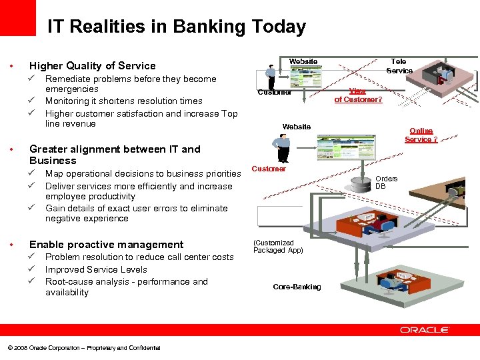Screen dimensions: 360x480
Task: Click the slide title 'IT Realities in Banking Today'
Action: [176, 27]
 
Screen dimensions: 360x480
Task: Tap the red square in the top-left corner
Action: [17, 17]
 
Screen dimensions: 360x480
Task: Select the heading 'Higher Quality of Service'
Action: [92, 65]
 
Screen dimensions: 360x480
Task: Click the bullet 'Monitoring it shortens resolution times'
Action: [123, 101]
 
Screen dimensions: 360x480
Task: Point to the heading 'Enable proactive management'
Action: [106, 245]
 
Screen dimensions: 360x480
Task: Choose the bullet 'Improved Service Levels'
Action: [96, 269]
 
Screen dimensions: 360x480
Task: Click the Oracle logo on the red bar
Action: [425, 330]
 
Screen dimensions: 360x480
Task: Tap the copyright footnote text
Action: [83, 348]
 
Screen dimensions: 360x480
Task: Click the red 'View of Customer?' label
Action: [358, 95]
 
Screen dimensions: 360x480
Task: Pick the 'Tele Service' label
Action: [399, 66]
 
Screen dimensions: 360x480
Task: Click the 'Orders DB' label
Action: [386, 183]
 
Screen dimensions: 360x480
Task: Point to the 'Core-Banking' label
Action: [297, 287]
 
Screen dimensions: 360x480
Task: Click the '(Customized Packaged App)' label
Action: [278, 247]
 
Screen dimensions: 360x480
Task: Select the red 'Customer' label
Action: [269, 169]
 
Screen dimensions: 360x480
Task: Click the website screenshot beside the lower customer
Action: [337, 148]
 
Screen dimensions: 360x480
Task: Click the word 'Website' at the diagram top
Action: [303, 62]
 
